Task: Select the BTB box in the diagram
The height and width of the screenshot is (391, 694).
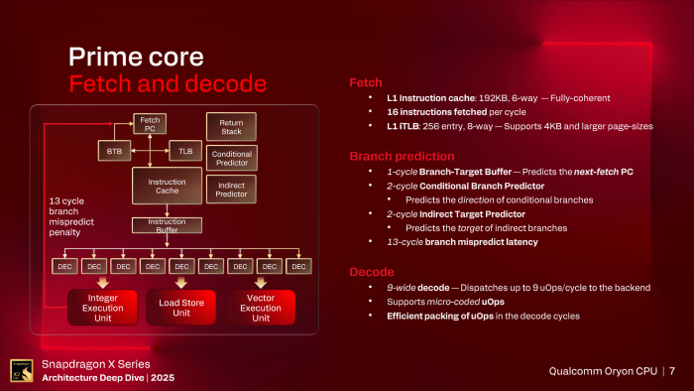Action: [113, 151]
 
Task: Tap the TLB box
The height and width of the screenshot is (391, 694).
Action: [184, 151]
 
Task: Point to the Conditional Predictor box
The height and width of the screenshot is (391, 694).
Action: [230, 157]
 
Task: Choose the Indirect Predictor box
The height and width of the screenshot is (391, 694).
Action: [230, 187]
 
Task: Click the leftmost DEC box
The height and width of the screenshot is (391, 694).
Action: [65, 266]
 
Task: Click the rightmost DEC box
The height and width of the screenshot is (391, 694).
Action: [298, 266]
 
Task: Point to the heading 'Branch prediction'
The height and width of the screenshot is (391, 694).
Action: [402, 156]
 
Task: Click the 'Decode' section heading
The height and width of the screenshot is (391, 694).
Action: [373, 270]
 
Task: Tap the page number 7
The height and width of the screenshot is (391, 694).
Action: [672, 371]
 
